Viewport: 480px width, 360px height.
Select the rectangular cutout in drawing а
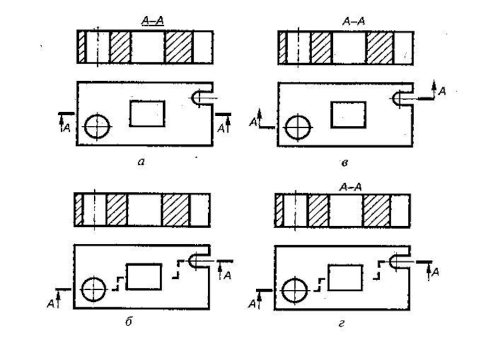147,113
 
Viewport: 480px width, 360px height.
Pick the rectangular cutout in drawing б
143,277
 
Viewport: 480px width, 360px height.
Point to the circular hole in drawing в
298,127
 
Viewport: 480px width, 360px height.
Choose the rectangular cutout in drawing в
348,114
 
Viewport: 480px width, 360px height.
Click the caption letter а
140,161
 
